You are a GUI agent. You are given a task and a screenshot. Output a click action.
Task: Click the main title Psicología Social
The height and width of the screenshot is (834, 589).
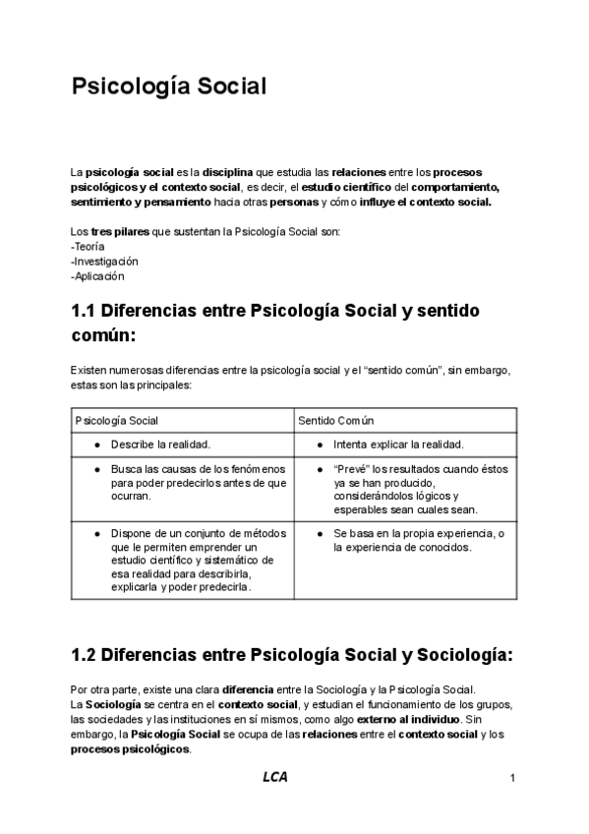(168, 87)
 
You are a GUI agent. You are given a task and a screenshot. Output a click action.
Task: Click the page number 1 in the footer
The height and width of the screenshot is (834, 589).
(513, 779)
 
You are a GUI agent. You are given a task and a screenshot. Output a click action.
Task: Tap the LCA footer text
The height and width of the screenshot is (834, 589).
(275, 778)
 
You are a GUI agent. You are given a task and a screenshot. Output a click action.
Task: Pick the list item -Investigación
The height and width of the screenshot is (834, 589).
(104, 262)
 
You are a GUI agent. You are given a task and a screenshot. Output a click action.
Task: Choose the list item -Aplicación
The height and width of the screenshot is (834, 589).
(97, 276)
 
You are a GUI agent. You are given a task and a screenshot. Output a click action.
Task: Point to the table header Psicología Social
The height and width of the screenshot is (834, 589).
(117, 420)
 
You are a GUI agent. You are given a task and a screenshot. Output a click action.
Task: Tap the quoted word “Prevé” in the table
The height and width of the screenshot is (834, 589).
(351, 469)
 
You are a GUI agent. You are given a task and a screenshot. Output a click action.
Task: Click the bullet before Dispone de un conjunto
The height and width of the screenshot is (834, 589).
(96, 532)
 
